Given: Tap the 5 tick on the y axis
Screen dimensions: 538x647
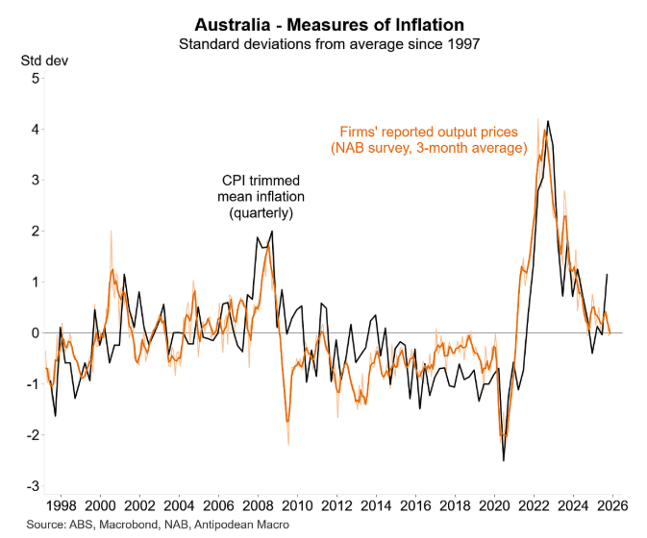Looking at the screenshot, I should (35, 78).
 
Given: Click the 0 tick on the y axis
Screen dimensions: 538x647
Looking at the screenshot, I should (35, 332).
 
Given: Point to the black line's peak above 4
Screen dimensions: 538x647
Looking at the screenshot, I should (548, 122).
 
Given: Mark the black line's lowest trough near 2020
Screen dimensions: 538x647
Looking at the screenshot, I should (504, 460).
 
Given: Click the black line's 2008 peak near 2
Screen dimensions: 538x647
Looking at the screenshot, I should (272, 232).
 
